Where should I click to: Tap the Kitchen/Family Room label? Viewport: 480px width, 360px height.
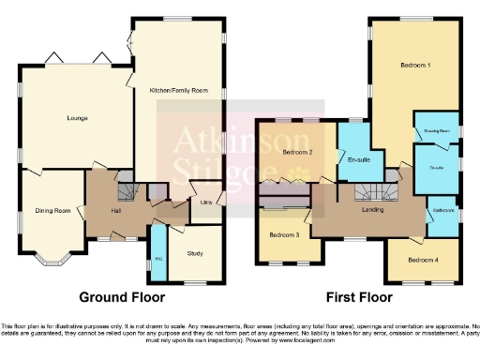click(176, 92)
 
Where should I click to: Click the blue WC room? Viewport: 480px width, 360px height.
click(158, 252)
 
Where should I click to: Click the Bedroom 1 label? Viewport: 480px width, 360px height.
click(415, 67)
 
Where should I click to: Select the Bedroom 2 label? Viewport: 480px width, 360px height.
click(297, 152)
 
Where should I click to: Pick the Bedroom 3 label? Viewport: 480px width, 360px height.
click(283, 234)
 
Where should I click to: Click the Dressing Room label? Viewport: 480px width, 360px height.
click(437, 131)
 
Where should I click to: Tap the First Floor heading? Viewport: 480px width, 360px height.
click(358, 298)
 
